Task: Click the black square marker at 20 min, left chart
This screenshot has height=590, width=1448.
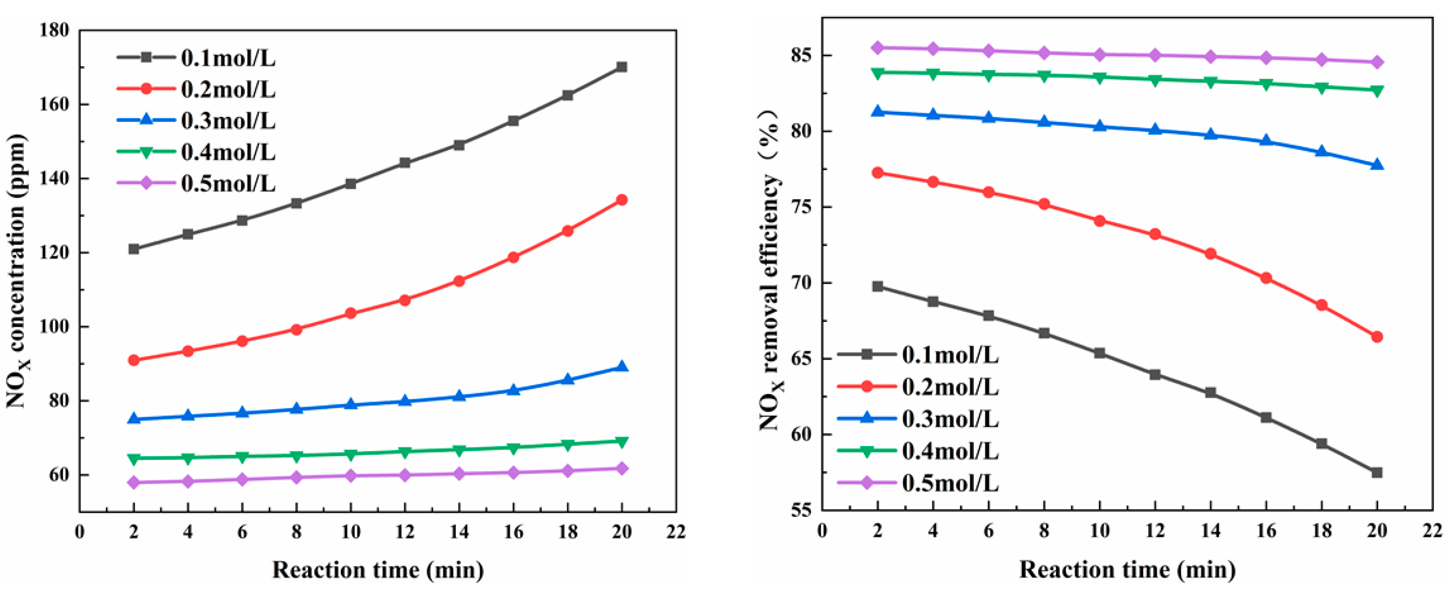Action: coord(622,67)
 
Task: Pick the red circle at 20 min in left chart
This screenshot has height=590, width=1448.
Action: coord(622,200)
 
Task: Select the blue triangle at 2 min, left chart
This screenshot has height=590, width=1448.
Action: coord(134,418)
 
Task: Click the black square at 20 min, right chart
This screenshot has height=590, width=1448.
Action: coord(1377,473)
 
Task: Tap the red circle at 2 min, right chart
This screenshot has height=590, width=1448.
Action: coord(878,173)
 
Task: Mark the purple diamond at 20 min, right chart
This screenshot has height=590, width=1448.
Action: coord(1377,62)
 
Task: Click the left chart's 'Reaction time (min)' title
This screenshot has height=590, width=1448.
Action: coord(378,570)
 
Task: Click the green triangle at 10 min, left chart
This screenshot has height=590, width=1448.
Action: coord(351,454)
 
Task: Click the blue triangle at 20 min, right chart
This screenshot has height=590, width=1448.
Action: coord(1377,165)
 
